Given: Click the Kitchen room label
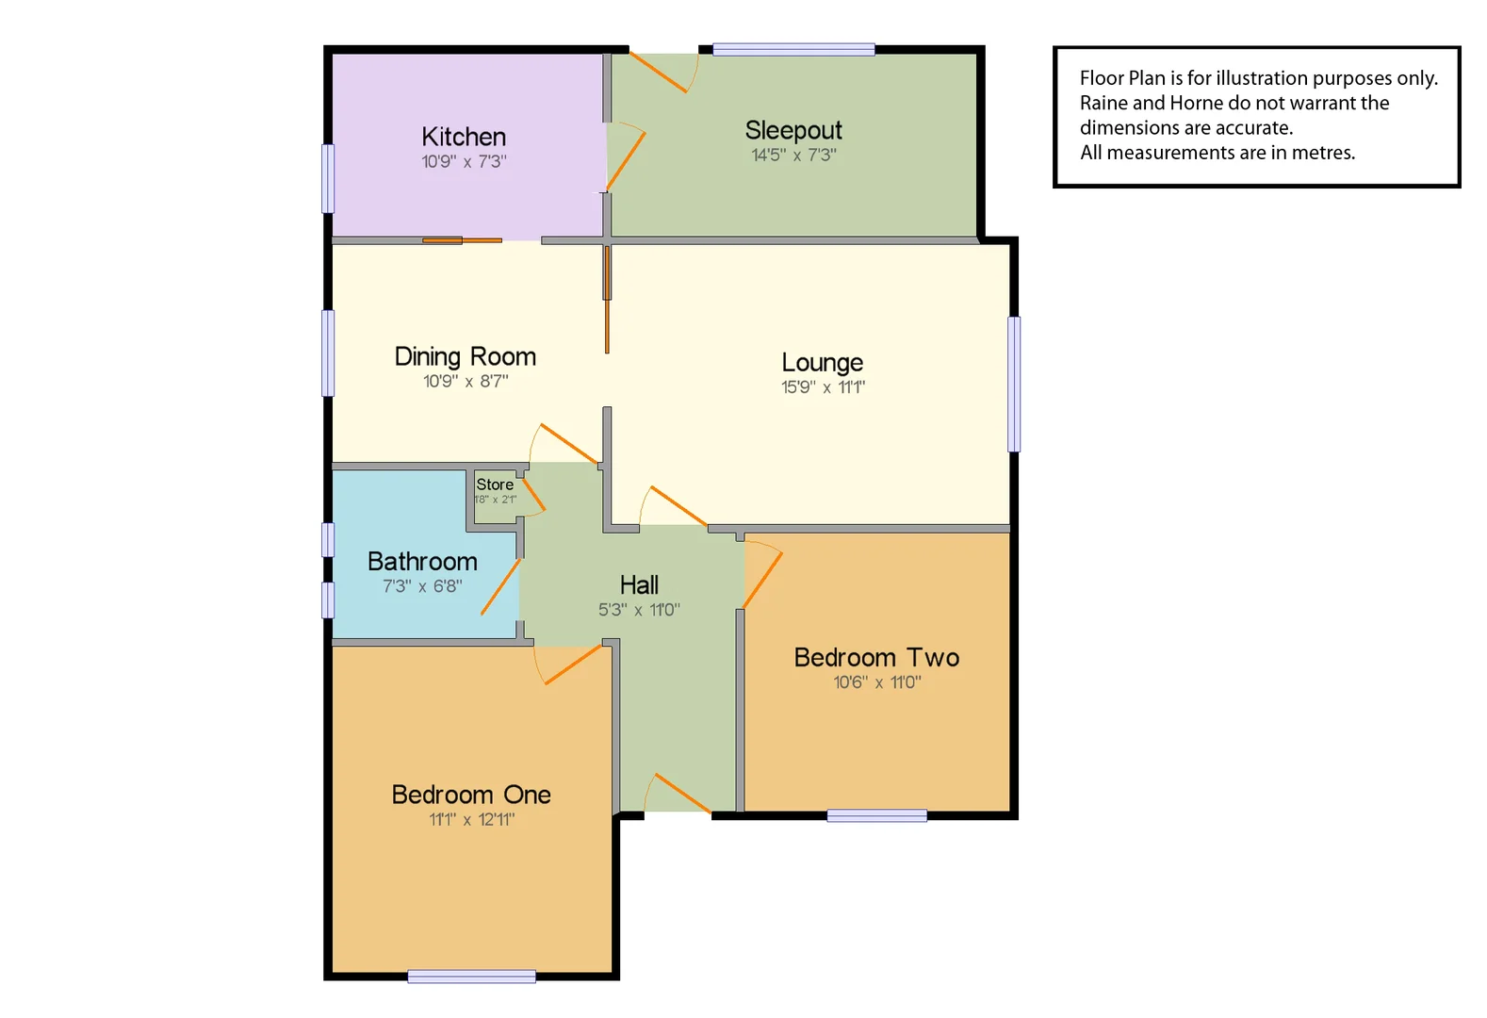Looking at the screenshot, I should [x=464, y=137].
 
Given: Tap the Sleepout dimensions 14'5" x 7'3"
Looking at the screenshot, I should [x=793, y=156].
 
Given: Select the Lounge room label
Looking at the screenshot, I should [x=822, y=362].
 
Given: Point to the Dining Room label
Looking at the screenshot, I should [x=465, y=356].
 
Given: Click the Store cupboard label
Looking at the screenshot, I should [x=495, y=484].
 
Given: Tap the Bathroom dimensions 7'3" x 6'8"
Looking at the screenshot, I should [x=422, y=586].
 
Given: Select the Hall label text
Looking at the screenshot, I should [x=639, y=584].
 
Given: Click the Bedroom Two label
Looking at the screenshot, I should [x=876, y=657].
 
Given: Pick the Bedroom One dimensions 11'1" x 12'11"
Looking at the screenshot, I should [x=471, y=819].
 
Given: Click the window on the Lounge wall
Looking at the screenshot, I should [x=1014, y=384].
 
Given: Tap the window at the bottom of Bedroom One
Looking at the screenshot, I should [x=471, y=977].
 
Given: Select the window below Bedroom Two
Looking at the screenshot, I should [x=876, y=815].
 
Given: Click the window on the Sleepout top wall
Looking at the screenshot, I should [x=793, y=50].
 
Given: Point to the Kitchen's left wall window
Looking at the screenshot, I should [x=328, y=178].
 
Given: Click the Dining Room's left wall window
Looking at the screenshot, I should [x=328, y=353].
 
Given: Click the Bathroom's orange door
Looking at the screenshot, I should [x=500, y=586].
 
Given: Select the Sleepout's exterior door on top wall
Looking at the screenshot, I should [x=659, y=73].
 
